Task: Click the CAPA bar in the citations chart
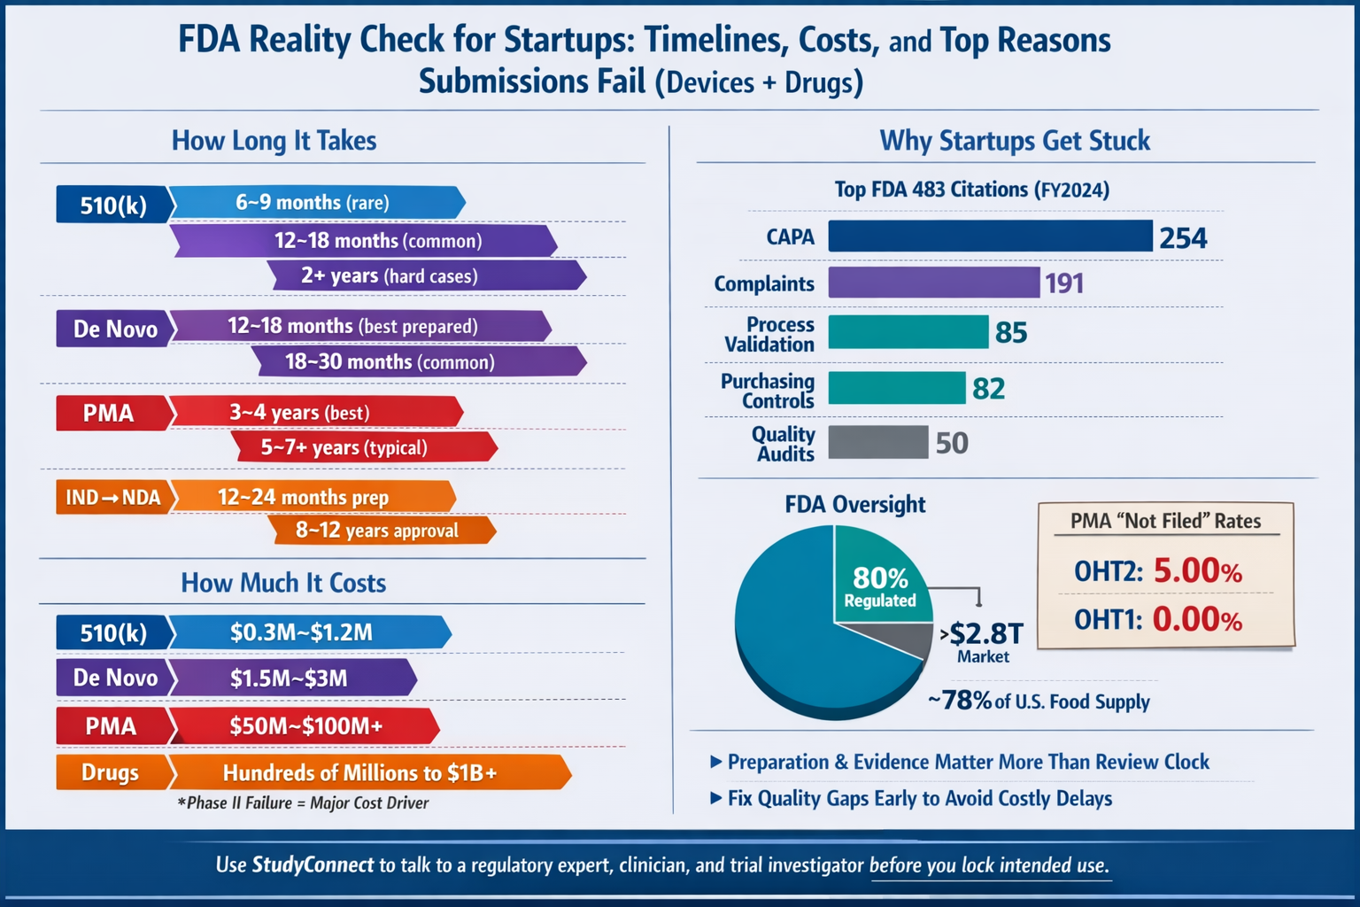pos(990,236)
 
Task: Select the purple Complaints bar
pos(933,283)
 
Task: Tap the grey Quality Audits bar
pos(877,442)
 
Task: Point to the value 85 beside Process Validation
pos(1011,333)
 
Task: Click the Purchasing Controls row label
pos(767,391)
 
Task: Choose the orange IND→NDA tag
pos(113,497)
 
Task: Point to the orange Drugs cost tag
pos(112,772)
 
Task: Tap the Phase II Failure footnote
pos(303,803)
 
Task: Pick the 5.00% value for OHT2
pos(1197,571)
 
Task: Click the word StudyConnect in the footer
pos(313,865)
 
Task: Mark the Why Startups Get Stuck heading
pos(1015,141)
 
